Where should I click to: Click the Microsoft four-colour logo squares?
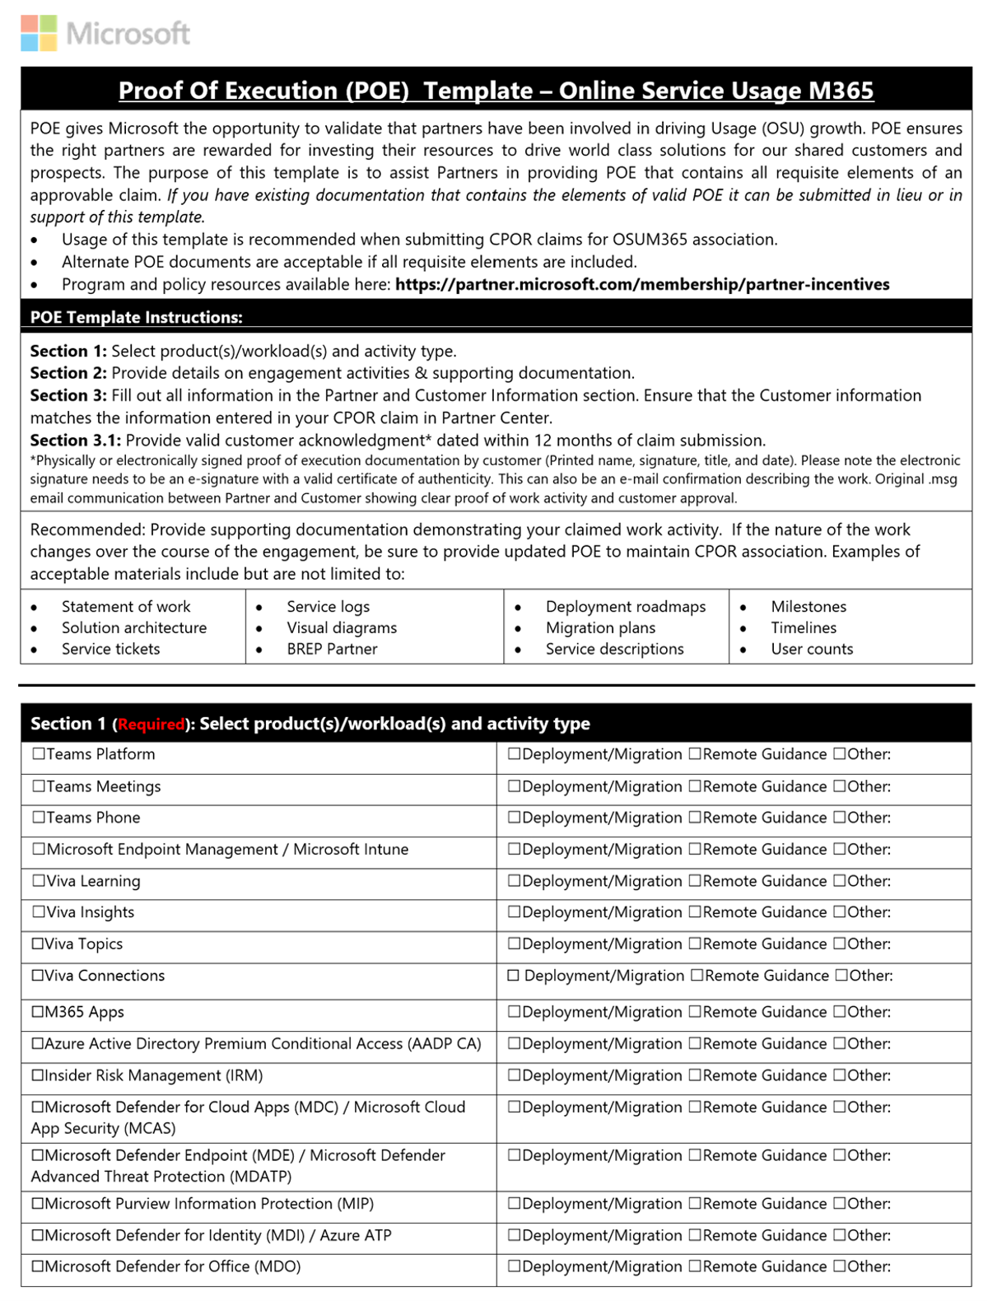[x=39, y=33]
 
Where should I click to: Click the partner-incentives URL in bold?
[x=642, y=284]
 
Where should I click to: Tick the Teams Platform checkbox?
[x=39, y=754]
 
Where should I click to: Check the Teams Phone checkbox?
[x=39, y=818]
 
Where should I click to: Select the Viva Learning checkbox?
[x=39, y=881]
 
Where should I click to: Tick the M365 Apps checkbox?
[x=38, y=1012]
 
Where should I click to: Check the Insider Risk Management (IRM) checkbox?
[x=38, y=1075]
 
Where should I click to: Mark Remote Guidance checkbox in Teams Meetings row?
[x=695, y=786]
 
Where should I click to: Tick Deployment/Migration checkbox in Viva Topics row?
[x=515, y=944]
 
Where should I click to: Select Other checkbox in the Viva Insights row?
[x=840, y=912]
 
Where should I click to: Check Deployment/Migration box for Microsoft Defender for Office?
[x=515, y=1267]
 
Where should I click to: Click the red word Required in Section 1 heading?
[x=151, y=725]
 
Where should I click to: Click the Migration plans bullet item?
[x=600, y=627]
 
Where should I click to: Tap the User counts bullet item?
[x=812, y=649]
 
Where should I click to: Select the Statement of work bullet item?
[x=126, y=606]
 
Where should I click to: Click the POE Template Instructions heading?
[x=136, y=317]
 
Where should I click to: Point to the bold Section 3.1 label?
[x=76, y=441]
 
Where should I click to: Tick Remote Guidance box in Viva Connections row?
[x=697, y=976]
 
